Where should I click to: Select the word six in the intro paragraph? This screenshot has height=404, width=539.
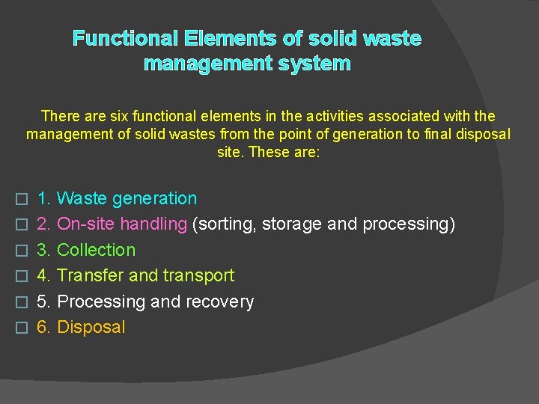(x=122, y=116)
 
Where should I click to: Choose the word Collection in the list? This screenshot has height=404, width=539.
(x=96, y=250)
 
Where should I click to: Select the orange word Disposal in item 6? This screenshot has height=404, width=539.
(x=91, y=327)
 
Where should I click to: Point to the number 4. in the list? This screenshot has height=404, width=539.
(x=43, y=275)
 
